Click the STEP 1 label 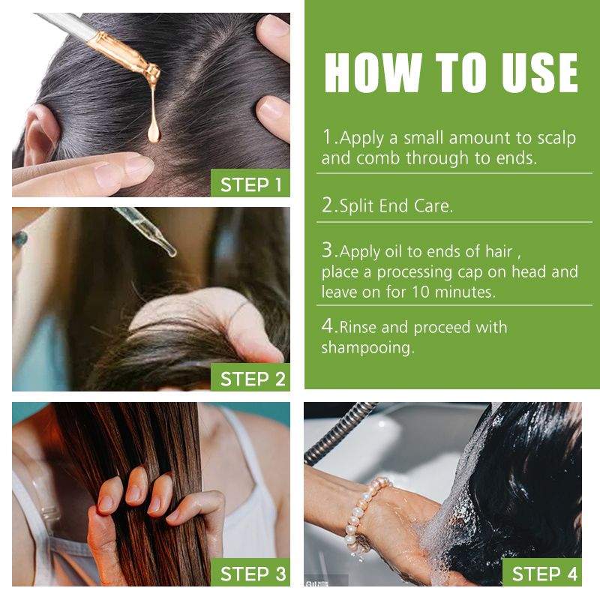pyautogui.click(x=250, y=184)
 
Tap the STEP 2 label pyautogui.click(x=253, y=379)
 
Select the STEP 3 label pyautogui.click(x=253, y=574)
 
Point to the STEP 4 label pyautogui.click(x=544, y=574)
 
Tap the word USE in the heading pyautogui.click(x=539, y=73)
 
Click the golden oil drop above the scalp pyautogui.click(x=154, y=132)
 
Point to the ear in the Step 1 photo pyautogui.click(x=40, y=134)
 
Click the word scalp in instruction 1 pyautogui.click(x=556, y=139)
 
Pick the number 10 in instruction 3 pyautogui.click(x=421, y=292)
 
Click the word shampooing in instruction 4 pyautogui.click(x=367, y=348)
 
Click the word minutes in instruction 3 pyautogui.click(x=465, y=292)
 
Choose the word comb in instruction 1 pyautogui.click(x=378, y=158)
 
